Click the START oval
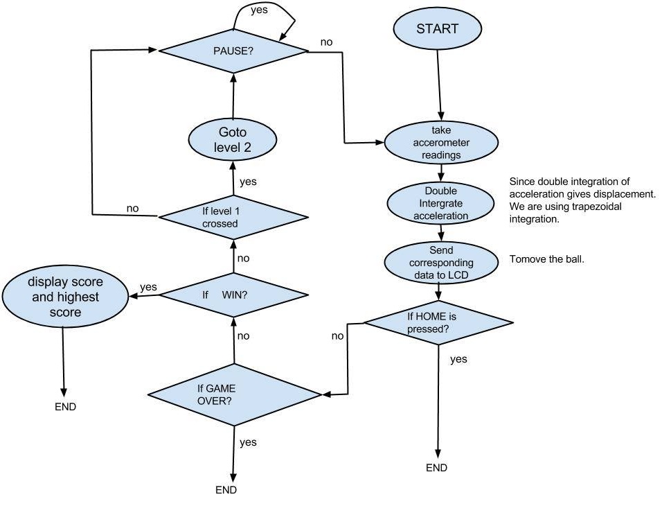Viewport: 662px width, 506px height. pyautogui.click(x=438, y=30)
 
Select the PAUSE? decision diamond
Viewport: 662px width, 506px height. pyautogui.click(x=233, y=50)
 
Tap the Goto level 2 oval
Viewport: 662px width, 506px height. pyautogui.click(x=233, y=139)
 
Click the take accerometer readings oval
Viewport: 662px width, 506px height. pyautogui.click(x=441, y=143)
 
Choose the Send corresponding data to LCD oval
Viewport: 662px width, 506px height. pyautogui.click(x=441, y=263)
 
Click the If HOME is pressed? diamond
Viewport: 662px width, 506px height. pyautogui.click(x=438, y=323)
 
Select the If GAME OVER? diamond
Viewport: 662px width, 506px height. pyautogui.click(x=234, y=394)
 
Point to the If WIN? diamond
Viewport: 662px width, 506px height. pyautogui.click(x=234, y=295)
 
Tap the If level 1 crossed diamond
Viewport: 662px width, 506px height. pyautogui.click(x=233, y=218)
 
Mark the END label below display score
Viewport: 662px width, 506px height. pyautogui.click(x=65, y=407)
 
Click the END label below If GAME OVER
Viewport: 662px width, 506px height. pyautogui.click(x=226, y=489)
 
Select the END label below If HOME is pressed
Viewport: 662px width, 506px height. pyautogui.click(x=436, y=468)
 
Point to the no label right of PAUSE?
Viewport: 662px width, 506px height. pyautogui.click(x=326, y=42)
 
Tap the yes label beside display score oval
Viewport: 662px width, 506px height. pyautogui.click(x=148, y=286)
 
